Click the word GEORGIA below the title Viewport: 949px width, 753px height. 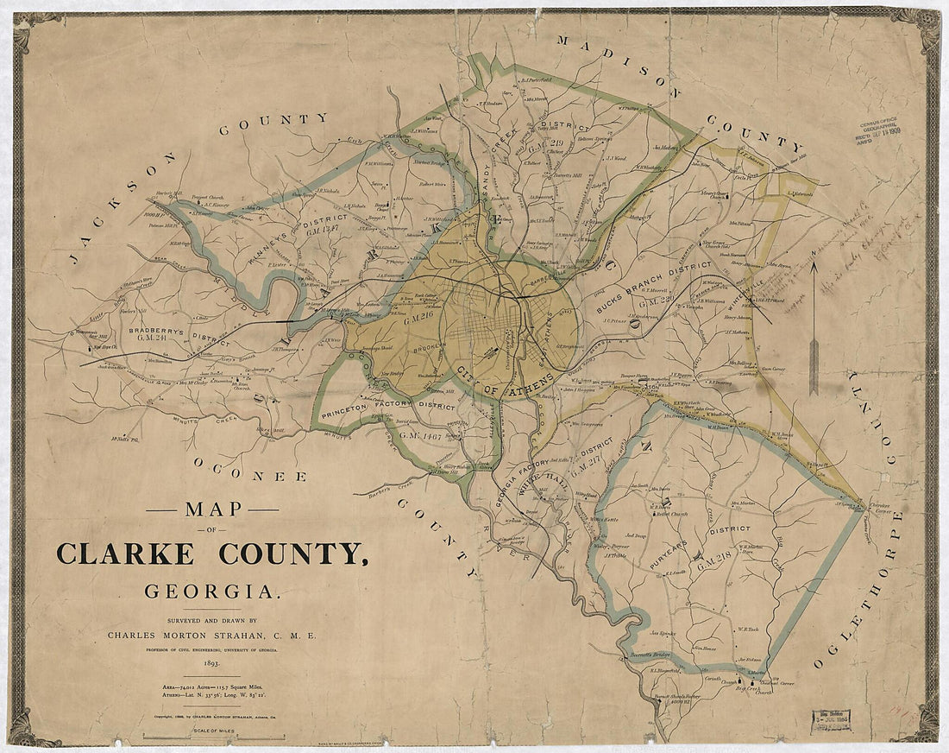[x=212, y=592]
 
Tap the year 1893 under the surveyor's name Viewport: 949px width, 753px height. [x=211, y=661]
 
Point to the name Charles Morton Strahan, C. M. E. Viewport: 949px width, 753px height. [x=212, y=635]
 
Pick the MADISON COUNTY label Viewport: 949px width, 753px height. [x=682, y=95]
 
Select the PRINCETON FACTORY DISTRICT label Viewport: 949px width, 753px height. [x=388, y=406]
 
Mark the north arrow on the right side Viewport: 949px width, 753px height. [x=814, y=328]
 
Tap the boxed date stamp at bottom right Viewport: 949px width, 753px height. [x=830, y=719]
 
